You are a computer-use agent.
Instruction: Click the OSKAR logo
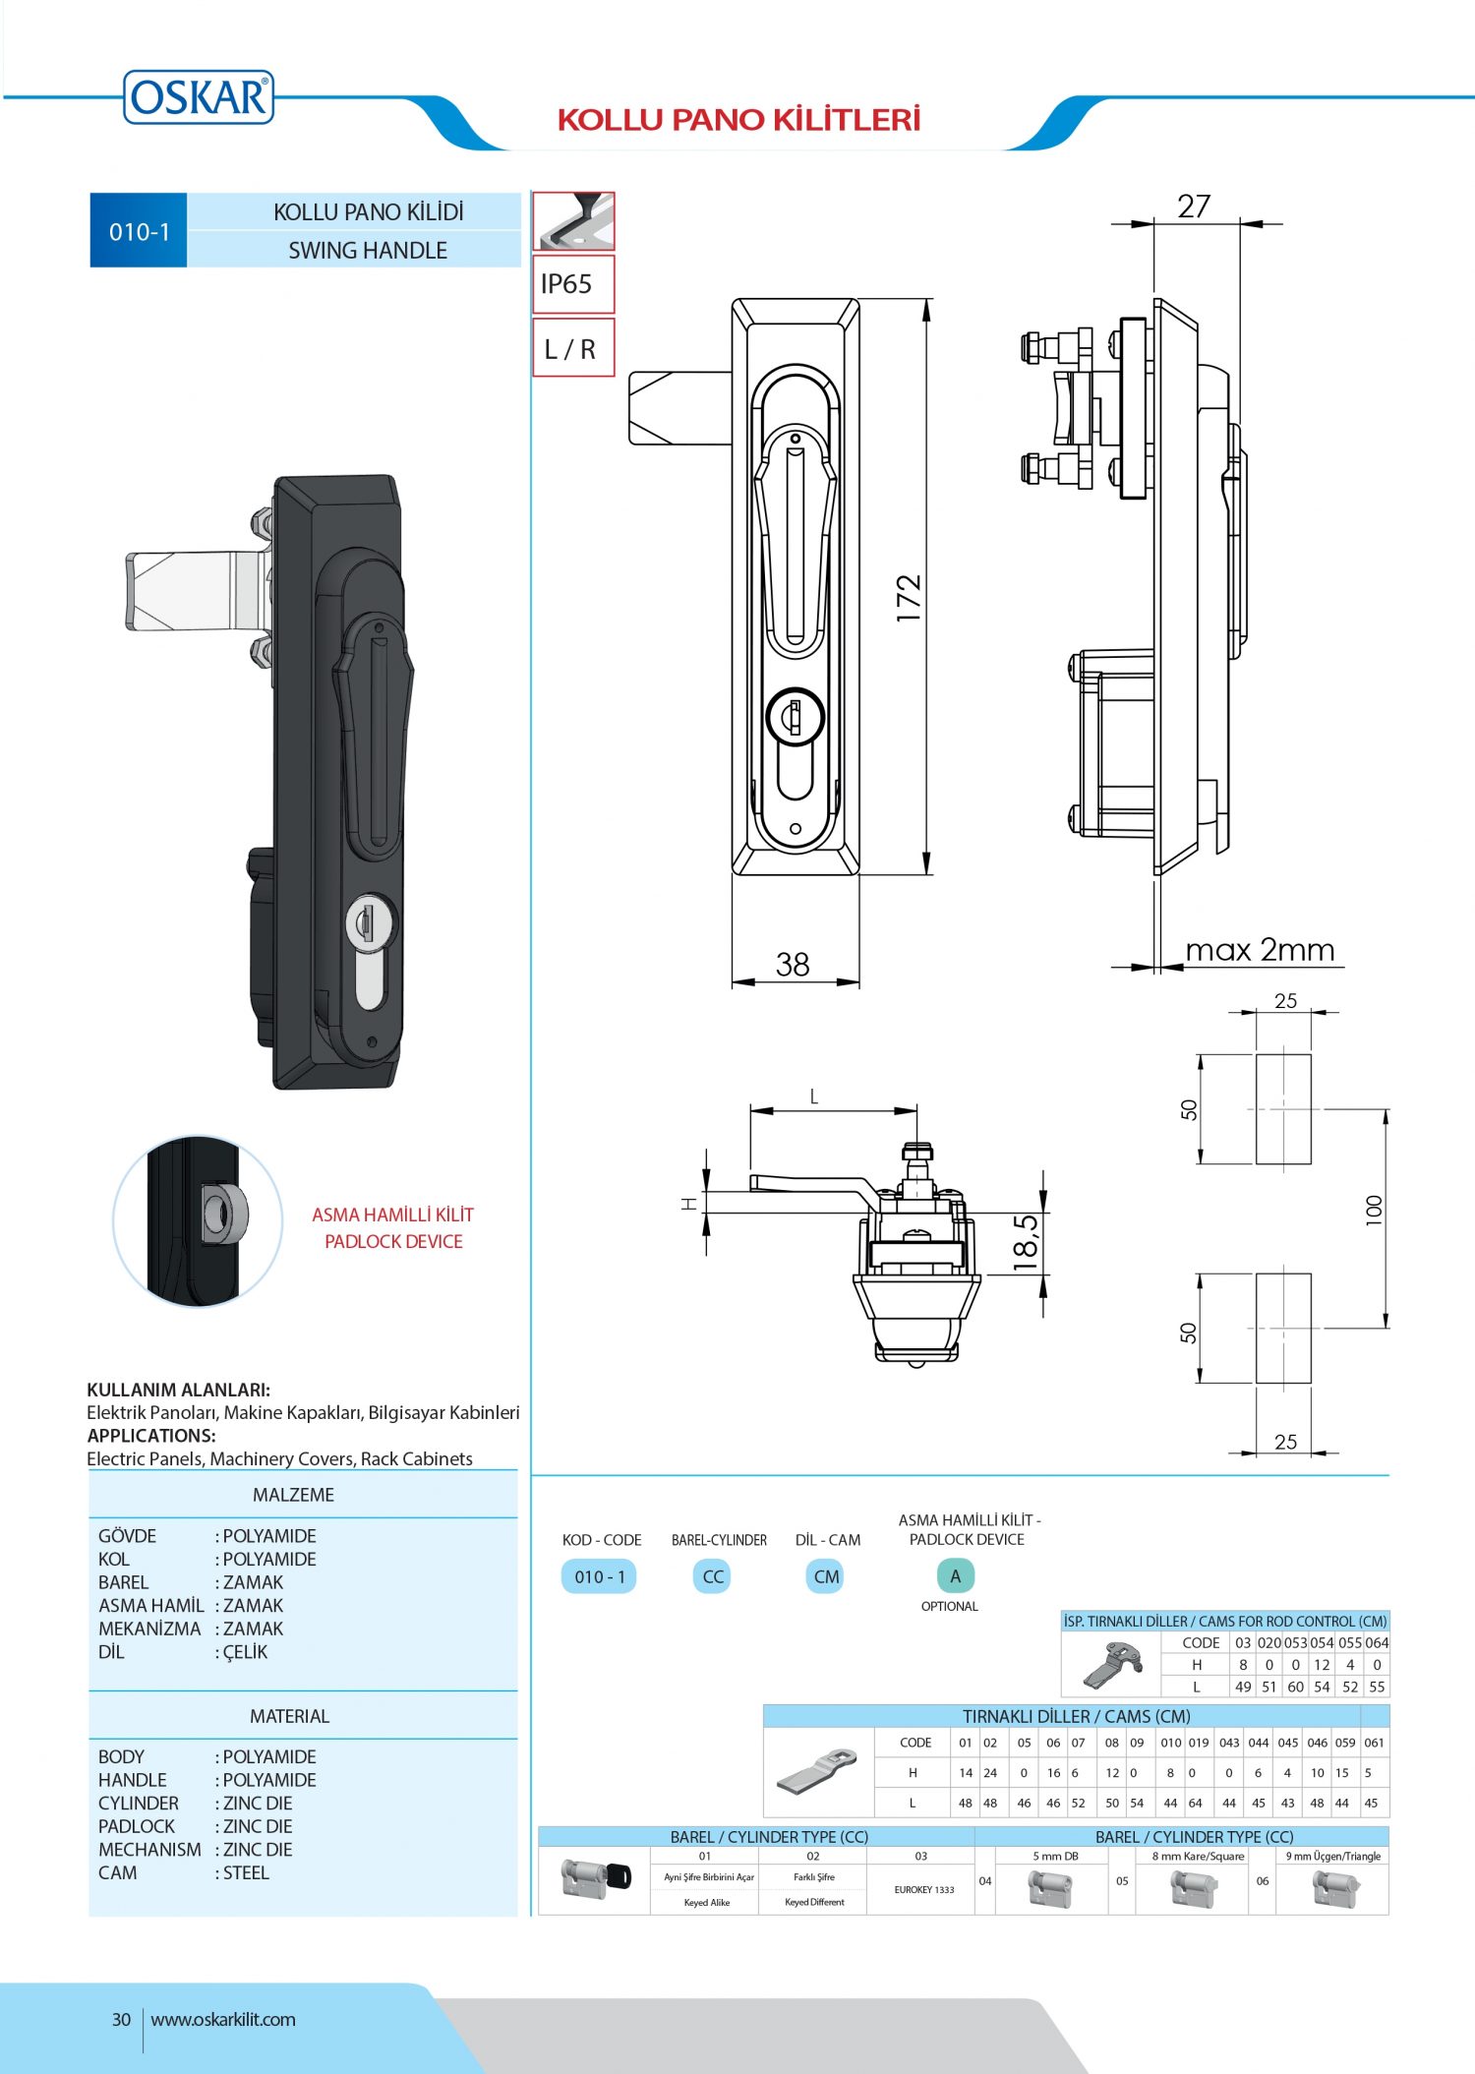tap(199, 97)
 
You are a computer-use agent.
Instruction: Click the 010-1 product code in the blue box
tap(139, 232)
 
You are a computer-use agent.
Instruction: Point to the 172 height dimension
tap(909, 598)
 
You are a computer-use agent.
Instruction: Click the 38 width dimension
tap(793, 965)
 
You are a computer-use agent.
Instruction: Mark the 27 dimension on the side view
tap(1194, 207)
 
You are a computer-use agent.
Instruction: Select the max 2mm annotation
tap(1260, 950)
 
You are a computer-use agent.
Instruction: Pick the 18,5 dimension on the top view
tap(1026, 1243)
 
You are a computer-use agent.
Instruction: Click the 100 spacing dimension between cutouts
tap(1374, 1210)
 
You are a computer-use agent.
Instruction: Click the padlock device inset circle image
tap(198, 1220)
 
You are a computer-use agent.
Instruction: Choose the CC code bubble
tap(713, 1576)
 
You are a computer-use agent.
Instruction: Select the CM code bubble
tap(826, 1576)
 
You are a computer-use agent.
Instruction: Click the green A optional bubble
tap(955, 1575)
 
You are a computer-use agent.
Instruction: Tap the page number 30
tap(121, 2020)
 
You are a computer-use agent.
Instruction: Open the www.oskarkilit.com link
tap(223, 2020)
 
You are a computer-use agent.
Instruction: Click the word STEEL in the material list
tap(246, 1873)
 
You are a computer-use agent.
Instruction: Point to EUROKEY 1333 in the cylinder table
tap(923, 1889)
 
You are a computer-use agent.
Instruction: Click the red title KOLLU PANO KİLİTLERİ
tap(738, 120)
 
